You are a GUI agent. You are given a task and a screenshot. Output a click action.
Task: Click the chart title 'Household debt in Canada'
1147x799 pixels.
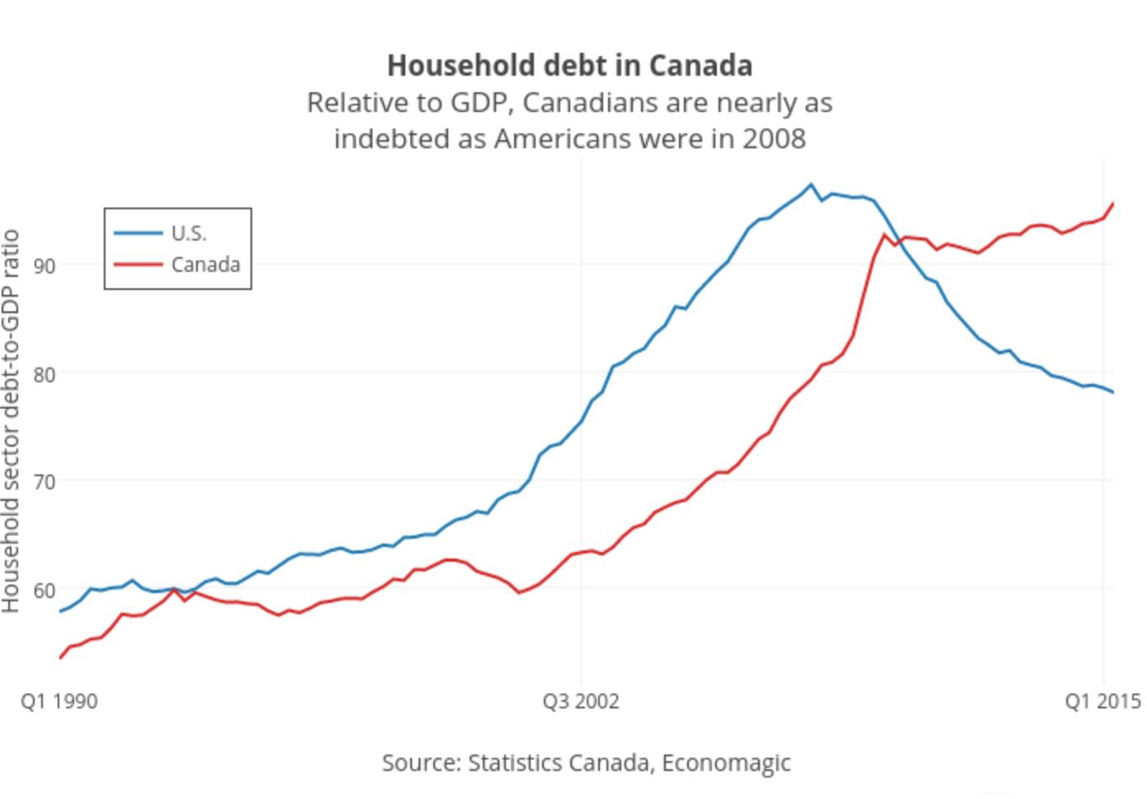tap(569, 65)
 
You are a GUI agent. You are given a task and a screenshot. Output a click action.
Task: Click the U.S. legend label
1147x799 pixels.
tap(189, 234)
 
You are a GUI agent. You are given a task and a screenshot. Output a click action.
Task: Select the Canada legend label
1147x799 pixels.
tap(205, 265)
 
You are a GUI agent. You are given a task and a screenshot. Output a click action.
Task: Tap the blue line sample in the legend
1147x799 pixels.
tap(138, 234)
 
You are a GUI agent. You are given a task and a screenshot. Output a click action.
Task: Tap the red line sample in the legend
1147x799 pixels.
tap(138, 265)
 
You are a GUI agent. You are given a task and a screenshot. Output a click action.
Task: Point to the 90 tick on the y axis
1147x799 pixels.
tap(44, 266)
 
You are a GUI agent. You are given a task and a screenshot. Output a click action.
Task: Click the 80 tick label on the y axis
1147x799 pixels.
tap(44, 374)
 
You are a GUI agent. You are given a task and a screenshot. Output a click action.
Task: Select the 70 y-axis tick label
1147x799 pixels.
tap(44, 482)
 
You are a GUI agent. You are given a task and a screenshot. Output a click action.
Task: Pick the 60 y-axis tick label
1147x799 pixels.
tap(44, 590)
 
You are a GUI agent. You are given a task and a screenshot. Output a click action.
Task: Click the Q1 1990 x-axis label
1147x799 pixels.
tap(59, 702)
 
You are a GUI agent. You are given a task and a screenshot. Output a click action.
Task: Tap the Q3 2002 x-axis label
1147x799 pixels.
tap(580, 702)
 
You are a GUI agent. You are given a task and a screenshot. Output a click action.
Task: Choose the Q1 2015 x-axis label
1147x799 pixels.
tap(1102, 702)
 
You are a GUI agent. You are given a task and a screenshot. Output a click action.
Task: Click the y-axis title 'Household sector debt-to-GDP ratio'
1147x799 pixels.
tap(11, 421)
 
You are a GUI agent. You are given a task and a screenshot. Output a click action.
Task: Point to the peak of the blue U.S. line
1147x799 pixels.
tap(811, 185)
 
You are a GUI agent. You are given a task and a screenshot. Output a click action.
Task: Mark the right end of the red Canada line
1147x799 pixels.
tap(1113, 203)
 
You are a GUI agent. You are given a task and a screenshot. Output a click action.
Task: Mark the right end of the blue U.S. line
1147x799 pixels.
tap(1113, 392)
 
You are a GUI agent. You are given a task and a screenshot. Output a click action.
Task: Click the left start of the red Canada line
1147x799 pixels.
tap(60, 658)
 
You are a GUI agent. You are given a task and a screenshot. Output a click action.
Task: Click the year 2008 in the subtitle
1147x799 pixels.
tap(774, 138)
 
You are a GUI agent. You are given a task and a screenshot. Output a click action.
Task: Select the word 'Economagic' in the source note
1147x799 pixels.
tap(726, 763)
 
